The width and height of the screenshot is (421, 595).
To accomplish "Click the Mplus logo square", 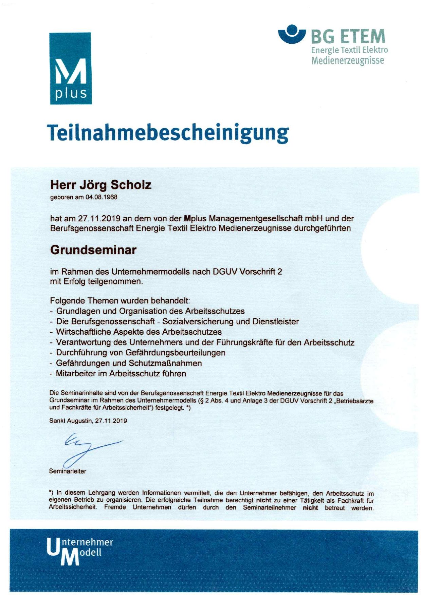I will coord(70,68).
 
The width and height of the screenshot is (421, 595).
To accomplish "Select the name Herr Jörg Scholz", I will coord(101,185).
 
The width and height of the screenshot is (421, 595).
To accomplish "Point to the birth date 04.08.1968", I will coord(101,197).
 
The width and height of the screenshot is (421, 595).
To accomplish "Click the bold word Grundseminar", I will coord(93,250).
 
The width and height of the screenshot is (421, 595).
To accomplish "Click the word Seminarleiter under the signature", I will coord(68,471).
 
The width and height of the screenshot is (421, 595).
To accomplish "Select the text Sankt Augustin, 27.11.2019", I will coord(88,421).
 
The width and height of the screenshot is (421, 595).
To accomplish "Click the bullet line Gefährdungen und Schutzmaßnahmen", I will coord(129,363).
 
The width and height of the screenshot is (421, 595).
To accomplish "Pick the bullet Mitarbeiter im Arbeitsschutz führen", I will coord(121,374).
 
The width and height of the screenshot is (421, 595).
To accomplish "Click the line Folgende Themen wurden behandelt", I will coord(120,301).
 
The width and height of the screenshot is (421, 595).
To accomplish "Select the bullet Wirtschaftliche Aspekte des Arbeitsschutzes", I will coord(139,332).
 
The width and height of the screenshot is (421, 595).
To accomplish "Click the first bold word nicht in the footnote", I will coord(263,500).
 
